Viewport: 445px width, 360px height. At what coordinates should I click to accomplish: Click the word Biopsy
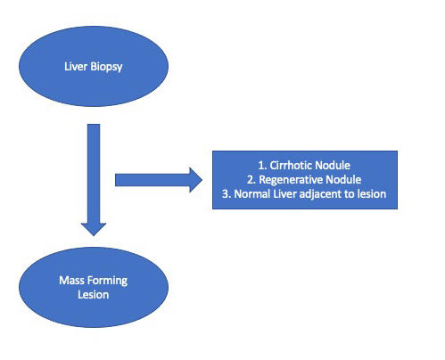point(106,67)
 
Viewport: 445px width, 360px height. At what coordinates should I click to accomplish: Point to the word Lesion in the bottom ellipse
point(94,295)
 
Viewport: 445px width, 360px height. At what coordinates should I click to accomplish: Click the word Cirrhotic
point(289,166)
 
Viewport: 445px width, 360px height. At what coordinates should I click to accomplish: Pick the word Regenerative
point(291,180)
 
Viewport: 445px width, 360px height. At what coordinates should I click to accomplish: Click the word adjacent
point(320,194)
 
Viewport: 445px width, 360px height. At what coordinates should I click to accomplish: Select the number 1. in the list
point(262,166)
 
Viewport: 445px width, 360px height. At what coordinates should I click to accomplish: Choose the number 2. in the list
point(251,180)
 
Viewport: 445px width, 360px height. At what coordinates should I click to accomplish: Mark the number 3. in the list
point(227,194)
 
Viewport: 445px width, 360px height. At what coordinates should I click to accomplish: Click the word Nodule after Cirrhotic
point(331,166)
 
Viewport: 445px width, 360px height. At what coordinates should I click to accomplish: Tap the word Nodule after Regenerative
point(343,180)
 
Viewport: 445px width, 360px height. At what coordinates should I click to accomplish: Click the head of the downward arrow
point(94,229)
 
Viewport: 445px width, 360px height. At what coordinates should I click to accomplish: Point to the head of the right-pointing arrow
point(196,180)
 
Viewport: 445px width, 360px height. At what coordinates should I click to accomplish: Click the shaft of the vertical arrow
point(94,174)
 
